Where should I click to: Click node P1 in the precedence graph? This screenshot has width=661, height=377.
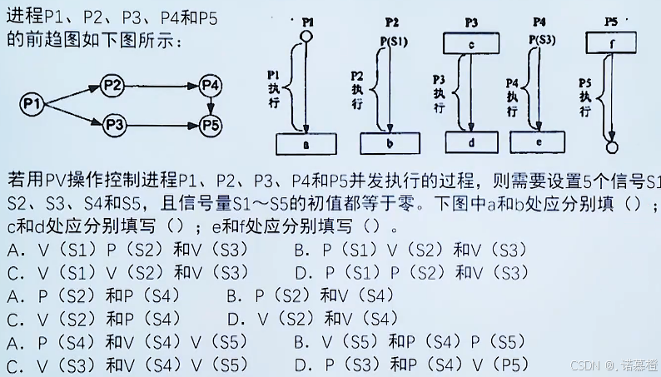tap(32, 103)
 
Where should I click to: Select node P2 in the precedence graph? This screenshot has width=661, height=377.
tap(113, 84)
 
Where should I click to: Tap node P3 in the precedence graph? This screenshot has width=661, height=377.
tap(113, 125)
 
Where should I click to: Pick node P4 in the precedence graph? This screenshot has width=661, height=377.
tap(211, 84)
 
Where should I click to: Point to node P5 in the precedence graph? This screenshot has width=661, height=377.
tap(211, 125)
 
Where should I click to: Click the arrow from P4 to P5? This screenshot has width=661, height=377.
tap(211, 105)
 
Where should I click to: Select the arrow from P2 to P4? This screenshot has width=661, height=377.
tap(162, 84)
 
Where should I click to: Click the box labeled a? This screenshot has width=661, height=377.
tap(306, 143)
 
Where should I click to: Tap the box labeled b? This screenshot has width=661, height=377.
tap(390, 143)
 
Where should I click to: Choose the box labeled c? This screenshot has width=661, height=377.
tap(471, 42)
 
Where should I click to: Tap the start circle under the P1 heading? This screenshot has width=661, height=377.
tap(306, 37)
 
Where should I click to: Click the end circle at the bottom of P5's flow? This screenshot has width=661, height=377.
tap(613, 147)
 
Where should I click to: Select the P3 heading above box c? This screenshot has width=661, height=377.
tap(471, 20)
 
